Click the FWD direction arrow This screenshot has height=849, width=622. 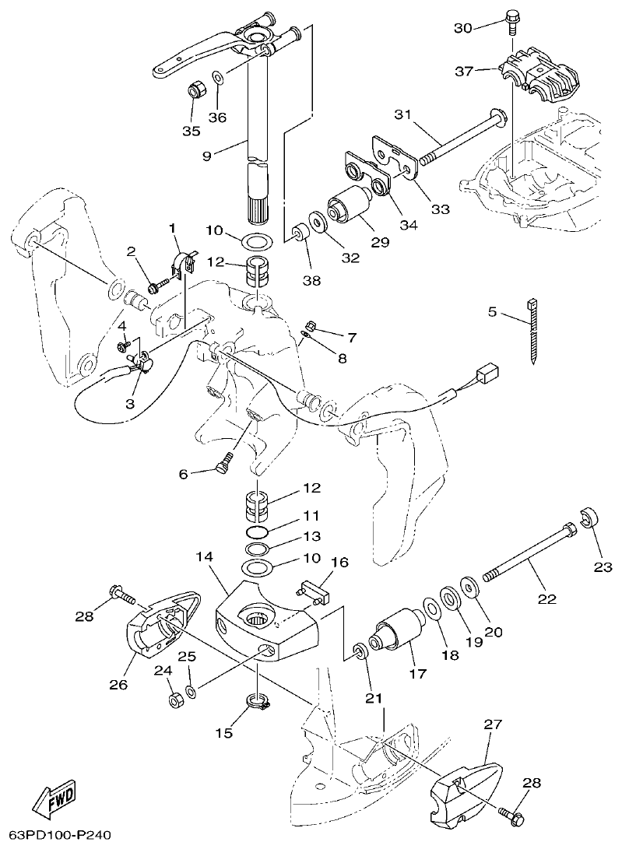pos(55,798)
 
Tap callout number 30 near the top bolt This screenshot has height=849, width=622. pos(463,27)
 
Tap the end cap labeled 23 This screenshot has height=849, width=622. pos(589,518)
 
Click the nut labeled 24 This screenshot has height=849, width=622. pos(175,699)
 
